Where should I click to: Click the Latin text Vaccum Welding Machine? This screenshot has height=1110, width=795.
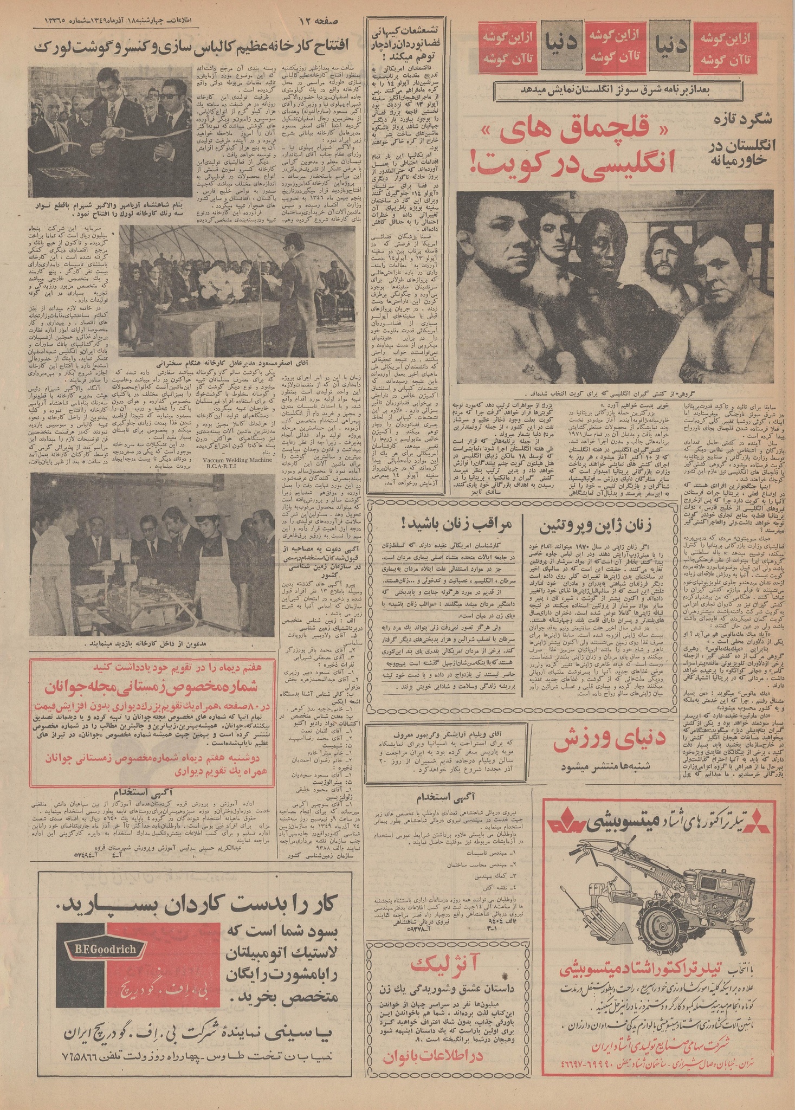coord(230,458)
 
